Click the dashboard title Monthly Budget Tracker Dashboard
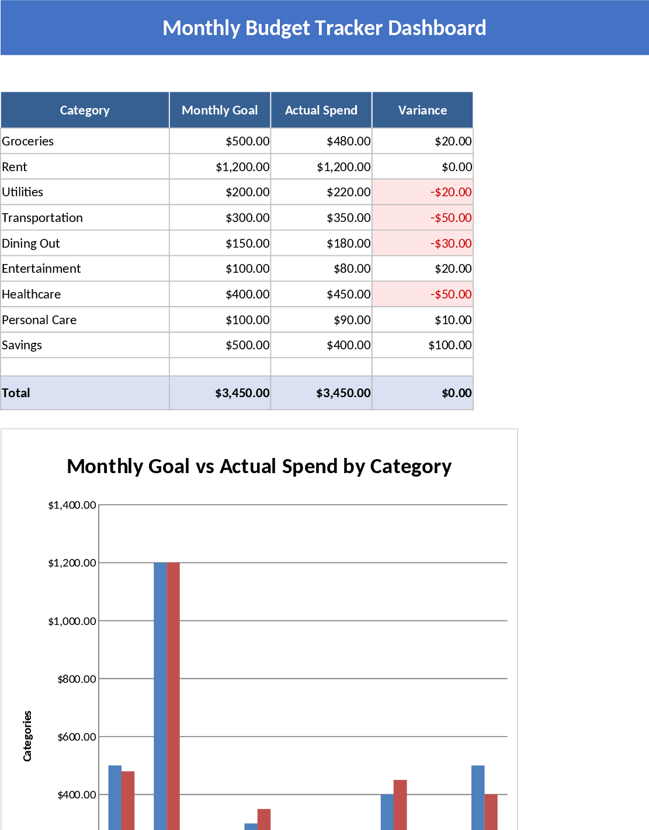(x=324, y=28)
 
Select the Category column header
(x=85, y=110)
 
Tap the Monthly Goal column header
(x=220, y=110)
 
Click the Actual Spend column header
(x=321, y=110)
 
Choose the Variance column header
(x=422, y=110)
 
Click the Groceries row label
(x=28, y=141)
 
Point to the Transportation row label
(x=43, y=218)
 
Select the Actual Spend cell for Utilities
(x=348, y=192)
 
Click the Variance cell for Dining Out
(x=450, y=244)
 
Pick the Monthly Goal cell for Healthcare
(x=248, y=294)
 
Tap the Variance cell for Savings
(x=450, y=345)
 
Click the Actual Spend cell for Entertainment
(x=352, y=269)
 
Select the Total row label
(x=16, y=393)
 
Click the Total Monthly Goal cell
(x=242, y=393)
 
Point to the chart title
(x=259, y=466)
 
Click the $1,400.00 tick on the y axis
(x=72, y=505)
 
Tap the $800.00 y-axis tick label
(x=77, y=679)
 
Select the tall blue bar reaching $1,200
(x=160, y=695)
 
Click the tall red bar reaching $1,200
(x=173, y=695)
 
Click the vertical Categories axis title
(x=27, y=736)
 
